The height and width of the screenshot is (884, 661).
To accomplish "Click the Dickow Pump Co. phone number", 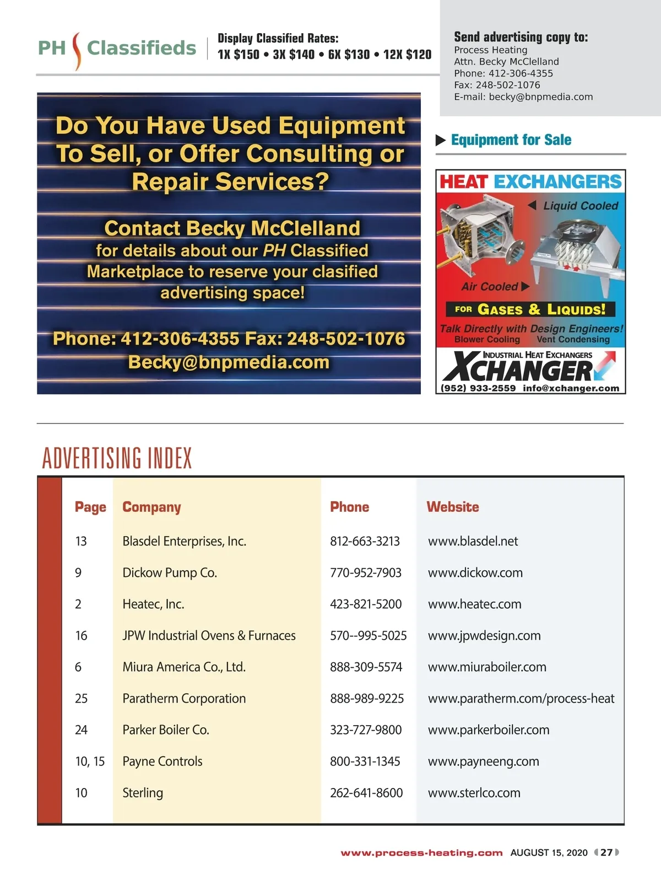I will coord(365,572).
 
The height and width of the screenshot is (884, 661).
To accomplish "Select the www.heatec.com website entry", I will coord(474,604).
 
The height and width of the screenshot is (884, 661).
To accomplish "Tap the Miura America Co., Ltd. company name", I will coord(184,667).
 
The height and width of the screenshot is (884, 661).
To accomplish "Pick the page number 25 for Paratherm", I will coord(81,698).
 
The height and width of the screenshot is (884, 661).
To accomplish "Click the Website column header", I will coord(452,507).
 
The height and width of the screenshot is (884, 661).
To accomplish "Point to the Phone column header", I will coord(349,507).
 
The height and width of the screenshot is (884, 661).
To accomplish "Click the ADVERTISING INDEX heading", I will coord(117,458).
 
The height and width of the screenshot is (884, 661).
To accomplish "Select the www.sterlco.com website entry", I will coord(474,792).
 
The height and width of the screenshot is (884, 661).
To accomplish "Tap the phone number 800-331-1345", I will coord(365,761).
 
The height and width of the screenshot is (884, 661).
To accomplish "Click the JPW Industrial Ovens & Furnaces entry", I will coord(209,635).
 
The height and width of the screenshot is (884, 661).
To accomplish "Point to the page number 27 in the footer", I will coord(606,852).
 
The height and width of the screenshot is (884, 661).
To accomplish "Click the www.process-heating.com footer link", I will coord(421,853).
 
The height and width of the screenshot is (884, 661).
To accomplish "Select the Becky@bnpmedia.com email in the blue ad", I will coord(229,362).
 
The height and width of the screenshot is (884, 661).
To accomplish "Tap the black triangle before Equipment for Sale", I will coord(441,140).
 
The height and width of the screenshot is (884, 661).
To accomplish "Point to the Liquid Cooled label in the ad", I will coord(580,206).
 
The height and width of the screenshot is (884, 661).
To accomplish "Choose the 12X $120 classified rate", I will coord(407,55).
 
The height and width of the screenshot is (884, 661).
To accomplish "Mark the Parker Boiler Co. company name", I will coord(165,730).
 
